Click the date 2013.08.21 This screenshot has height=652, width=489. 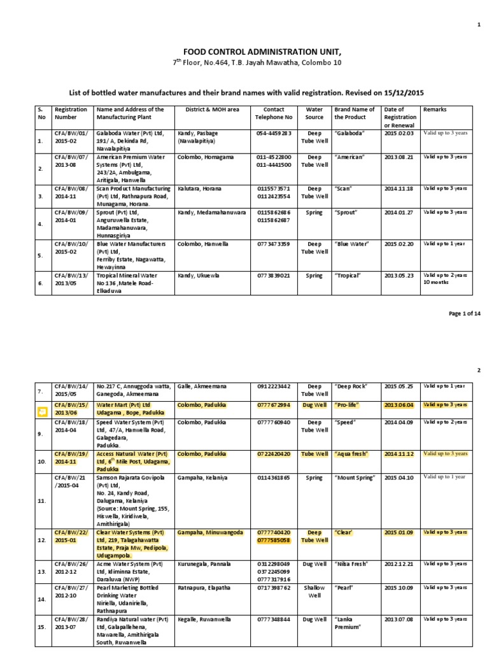[399, 156]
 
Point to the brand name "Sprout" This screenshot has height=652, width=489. [347, 212]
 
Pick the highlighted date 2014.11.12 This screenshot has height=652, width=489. [399, 454]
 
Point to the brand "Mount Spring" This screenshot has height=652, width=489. [354, 477]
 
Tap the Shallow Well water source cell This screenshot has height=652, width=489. [315, 592]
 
